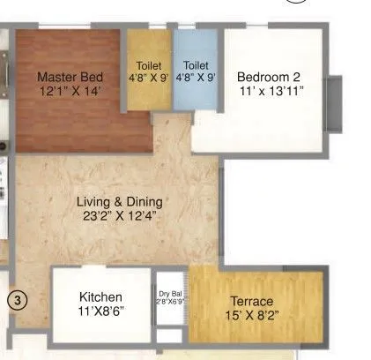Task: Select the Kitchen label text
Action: click(100, 296)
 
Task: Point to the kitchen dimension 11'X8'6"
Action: click(100, 311)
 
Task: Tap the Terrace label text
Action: click(252, 302)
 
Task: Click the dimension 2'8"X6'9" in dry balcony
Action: click(170, 302)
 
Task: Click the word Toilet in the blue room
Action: click(196, 65)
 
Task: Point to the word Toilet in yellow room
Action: click(149, 65)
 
